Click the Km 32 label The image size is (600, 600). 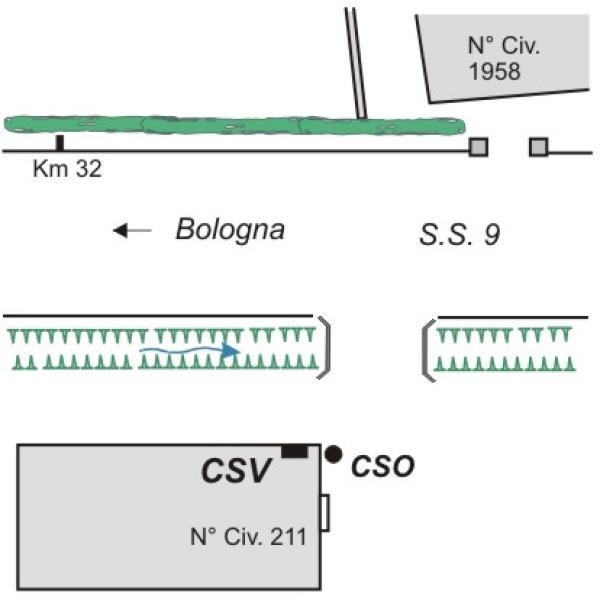pyautogui.click(x=67, y=168)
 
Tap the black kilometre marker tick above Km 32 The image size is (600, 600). pyautogui.click(x=60, y=143)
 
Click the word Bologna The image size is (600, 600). pyautogui.click(x=230, y=229)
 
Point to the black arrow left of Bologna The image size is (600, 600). pyautogui.click(x=132, y=231)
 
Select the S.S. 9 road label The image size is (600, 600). pyautogui.click(x=458, y=235)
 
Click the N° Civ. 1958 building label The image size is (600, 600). pyautogui.click(x=497, y=58)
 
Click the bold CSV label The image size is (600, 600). pyautogui.click(x=239, y=470)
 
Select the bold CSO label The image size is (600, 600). pyautogui.click(x=383, y=466)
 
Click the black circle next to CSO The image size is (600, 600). pyautogui.click(x=333, y=454)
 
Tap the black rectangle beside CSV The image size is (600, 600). pyautogui.click(x=294, y=452)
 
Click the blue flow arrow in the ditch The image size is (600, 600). pyautogui.click(x=190, y=350)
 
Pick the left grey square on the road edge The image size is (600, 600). pyautogui.click(x=479, y=148)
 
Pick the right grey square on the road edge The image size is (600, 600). pyautogui.click(x=538, y=148)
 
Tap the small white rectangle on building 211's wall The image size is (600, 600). pyautogui.click(x=324, y=512)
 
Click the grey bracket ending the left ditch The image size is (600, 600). pyautogui.click(x=323, y=347)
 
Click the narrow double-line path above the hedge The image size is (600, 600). pyautogui.click(x=356, y=60)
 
